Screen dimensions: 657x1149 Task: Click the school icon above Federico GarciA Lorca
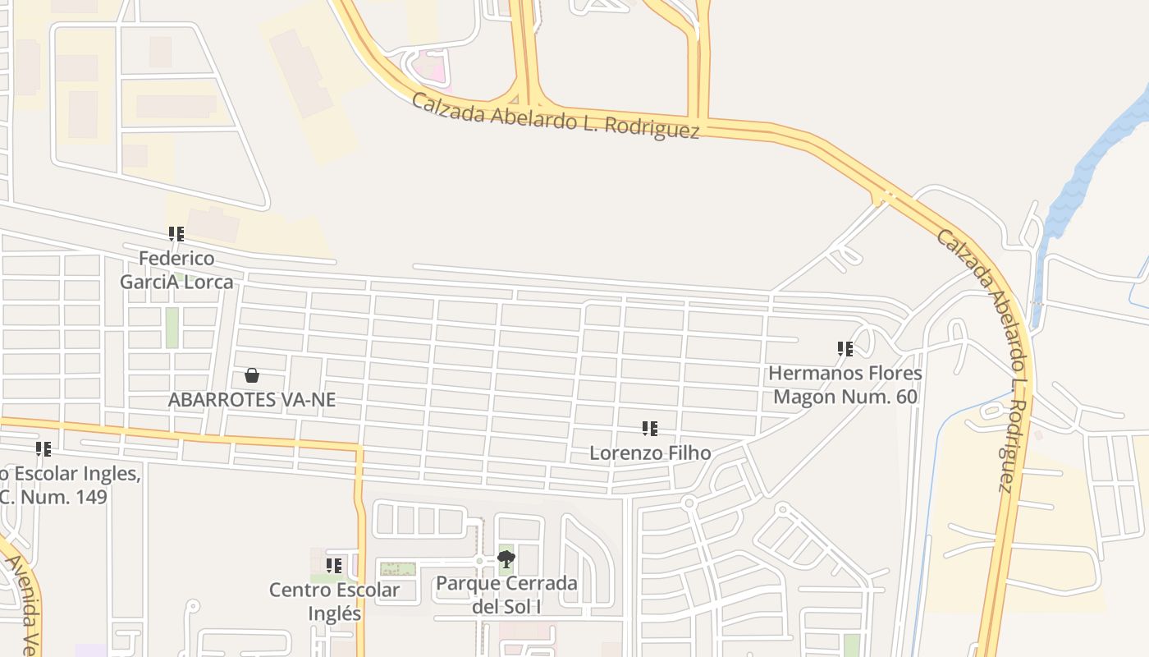[176, 235]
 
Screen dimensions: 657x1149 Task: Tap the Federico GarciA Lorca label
[176, 270]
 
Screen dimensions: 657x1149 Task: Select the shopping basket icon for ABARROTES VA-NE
[252, 375]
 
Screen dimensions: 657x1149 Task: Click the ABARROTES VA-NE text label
[252, 400]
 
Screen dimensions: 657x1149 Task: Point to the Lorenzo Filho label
[650, 453]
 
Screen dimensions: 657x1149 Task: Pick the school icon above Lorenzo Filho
[650, 429]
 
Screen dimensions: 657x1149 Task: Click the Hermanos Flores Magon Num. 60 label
[845, 385]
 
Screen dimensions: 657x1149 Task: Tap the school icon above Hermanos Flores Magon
[845, 349]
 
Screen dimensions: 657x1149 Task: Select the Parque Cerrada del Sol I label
[506, 595]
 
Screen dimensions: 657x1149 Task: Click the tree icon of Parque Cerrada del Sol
[506, 560]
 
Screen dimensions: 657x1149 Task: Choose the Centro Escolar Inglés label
[334, 601]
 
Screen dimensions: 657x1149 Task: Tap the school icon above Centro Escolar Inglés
[334, 566]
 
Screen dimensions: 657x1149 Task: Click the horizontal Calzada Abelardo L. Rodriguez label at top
[556, 116]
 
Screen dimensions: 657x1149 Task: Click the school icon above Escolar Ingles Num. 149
[43, 449]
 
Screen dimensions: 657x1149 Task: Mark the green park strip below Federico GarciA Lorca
[172, 327]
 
